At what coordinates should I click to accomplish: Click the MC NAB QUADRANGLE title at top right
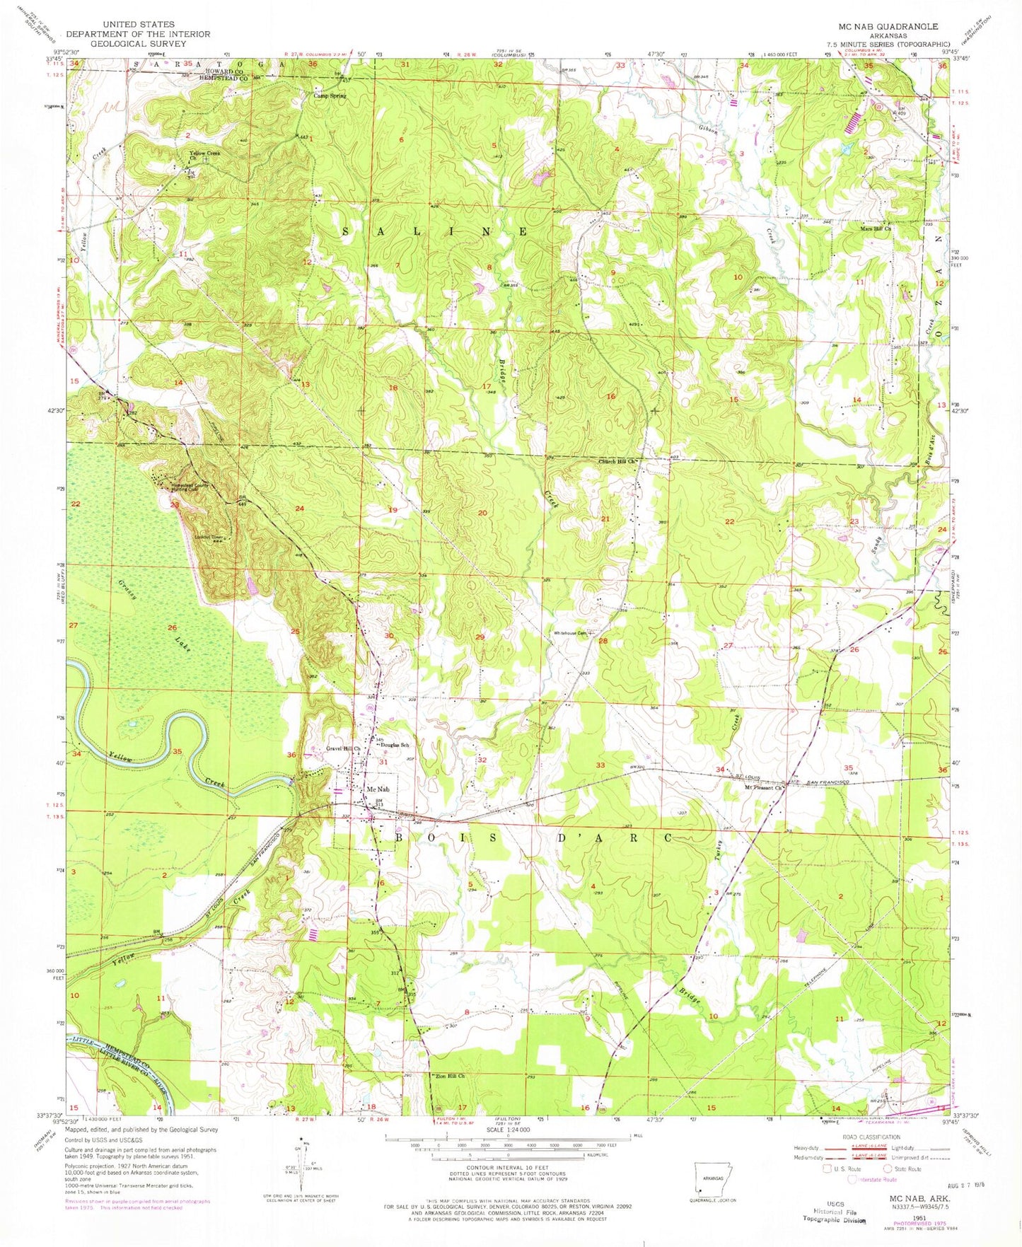click(x=888, y=26)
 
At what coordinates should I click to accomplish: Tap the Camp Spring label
click(x=330, y=95)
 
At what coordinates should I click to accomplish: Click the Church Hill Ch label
click(x=618, y=463)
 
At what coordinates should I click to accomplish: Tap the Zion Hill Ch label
click(x=448, y=1077)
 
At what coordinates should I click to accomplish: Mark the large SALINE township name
click(x=436, y=232)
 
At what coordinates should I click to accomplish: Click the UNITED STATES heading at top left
click(x=138, y=24)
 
